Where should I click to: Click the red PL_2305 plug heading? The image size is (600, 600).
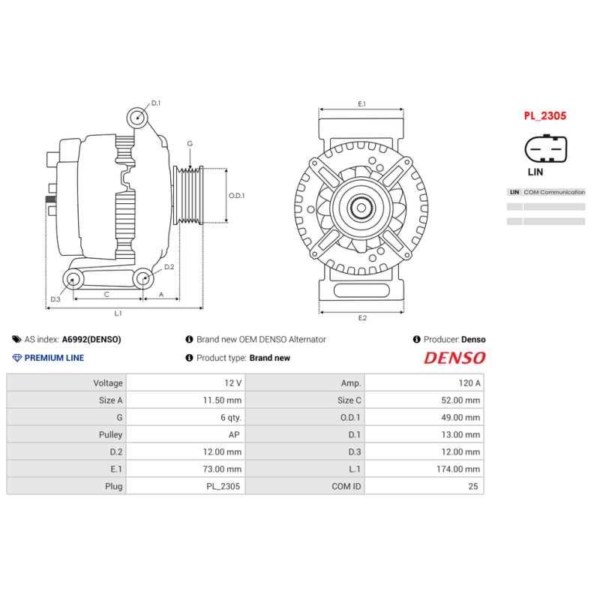point(544,116)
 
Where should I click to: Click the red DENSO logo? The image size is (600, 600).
point(454,358)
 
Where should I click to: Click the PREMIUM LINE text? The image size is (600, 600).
point(54,358)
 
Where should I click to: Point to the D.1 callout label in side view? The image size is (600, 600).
point(156,103)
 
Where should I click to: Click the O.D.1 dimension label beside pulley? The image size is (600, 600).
point(237,196)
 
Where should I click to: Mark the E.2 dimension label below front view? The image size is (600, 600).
point(361,318)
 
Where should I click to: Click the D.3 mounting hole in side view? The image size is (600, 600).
point(73,280)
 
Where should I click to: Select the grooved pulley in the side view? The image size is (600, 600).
point(189,195)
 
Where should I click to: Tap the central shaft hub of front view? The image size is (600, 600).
point(361,207)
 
